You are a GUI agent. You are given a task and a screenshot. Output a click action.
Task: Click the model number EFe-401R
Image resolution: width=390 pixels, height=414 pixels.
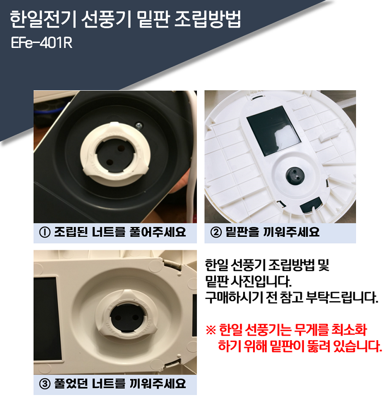42,43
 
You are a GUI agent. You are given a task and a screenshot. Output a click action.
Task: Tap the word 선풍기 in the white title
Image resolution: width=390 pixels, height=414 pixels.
106,19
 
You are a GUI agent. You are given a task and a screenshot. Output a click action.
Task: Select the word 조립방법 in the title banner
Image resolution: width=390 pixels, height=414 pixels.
208,19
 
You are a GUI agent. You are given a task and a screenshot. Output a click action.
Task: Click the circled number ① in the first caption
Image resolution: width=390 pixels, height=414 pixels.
45,232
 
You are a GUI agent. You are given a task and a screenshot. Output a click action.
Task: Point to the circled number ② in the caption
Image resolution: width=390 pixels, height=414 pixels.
216,232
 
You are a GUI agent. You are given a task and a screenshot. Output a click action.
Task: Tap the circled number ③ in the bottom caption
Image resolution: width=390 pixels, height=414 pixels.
45,384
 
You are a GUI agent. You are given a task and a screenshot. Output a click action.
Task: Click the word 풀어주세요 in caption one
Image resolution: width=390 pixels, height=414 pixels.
158,232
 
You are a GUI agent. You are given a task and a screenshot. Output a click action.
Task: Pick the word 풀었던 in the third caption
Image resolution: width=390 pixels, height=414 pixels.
71,384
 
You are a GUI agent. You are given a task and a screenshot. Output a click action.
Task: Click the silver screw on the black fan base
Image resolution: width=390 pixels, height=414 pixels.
138,125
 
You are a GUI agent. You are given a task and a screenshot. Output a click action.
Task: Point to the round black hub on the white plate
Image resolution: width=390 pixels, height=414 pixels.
295,175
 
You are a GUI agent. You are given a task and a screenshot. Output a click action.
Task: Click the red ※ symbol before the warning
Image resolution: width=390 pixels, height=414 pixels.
210,330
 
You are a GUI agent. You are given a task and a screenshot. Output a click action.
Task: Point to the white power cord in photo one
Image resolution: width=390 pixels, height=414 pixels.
192,159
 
